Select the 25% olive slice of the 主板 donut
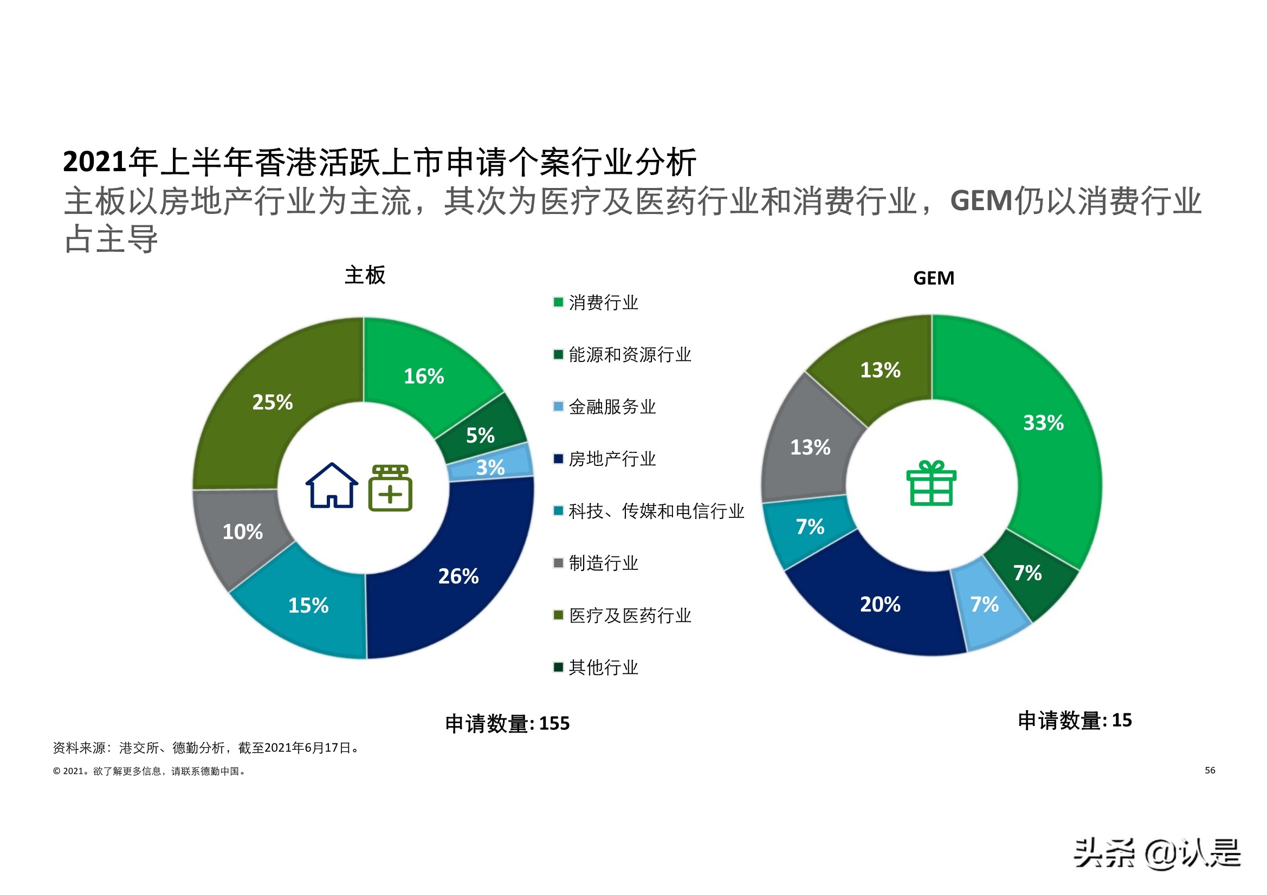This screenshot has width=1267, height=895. tap(272, 401)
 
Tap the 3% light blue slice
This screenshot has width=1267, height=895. tap(490, 468)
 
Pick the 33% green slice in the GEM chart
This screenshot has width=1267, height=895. tap(1043, 423)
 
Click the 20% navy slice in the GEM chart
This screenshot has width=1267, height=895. tap(880, 605)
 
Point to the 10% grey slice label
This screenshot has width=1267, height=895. tap(243, 532)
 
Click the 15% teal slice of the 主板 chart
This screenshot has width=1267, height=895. tap(308, 606)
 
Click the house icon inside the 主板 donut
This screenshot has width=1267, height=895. tap(332, 485)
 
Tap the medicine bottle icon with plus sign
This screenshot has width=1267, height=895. tap(390, 488)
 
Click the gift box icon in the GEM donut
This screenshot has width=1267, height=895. tap(931, 483)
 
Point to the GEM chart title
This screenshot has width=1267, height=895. tap(933, 278)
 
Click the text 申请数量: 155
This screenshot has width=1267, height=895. tap(507, 723)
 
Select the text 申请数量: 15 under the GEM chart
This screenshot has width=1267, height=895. tap(1075, 721)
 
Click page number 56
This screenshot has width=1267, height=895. tap(1210, 770)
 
